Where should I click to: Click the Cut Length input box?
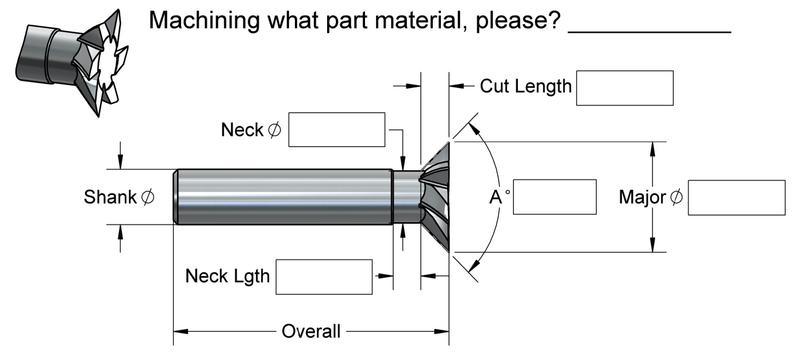tap(624, 88)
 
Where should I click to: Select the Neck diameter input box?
tap(336, 129)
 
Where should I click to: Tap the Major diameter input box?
tap(736, 197)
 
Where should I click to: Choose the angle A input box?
tap(554, 197)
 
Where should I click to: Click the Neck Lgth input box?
tap(324, 277)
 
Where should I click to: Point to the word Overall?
tap(310, 332)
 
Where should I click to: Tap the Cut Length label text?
tap(525, 87)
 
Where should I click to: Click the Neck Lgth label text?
tap(227, 277)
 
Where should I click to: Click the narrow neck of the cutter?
tap(406, 196)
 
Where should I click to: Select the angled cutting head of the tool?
tap(435, 196)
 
